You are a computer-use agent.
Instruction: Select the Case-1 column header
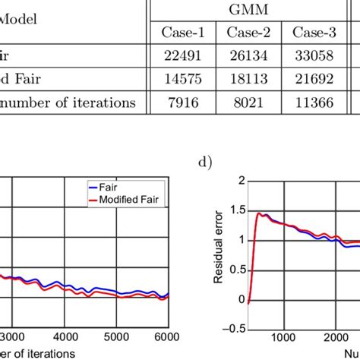tap(183, 32)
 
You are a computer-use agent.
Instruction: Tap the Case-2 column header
tap(248, 32)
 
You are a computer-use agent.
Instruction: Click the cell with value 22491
tap(183, 56)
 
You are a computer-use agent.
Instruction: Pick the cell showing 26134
tap(248, 56)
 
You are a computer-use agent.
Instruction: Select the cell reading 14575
tap(183, 80)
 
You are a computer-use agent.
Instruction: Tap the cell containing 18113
tap(248, 80)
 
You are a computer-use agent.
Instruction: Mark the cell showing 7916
tap(183, 103)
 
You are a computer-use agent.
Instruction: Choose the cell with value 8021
tap(248, 103)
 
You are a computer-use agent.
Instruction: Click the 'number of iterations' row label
tap(68, 103)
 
